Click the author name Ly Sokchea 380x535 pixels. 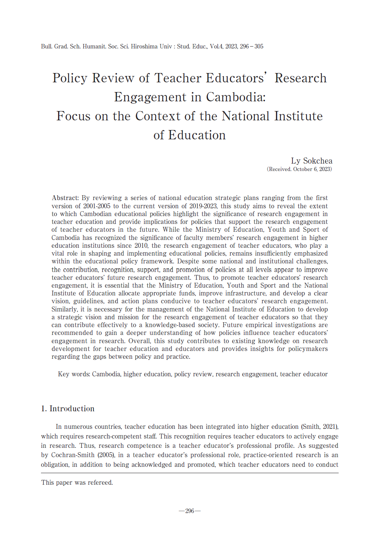coord(311,161)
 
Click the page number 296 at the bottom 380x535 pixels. coord(190,511)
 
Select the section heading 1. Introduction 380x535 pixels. coord(68,409)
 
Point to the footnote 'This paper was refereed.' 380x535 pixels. coord(77,482)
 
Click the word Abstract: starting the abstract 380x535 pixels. coord(65,198)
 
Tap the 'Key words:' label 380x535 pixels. coord(74,374)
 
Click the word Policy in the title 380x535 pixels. coord(70,78)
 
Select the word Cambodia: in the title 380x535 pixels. coord(236,97)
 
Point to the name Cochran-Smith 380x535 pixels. coord(73,455)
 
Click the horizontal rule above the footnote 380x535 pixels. coord(190,473)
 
